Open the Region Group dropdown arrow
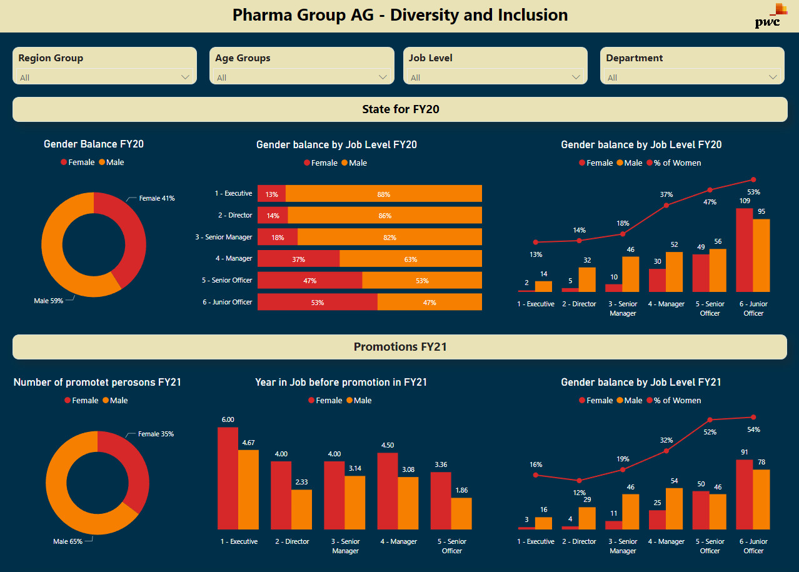(185, 77)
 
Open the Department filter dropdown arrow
(773, 77)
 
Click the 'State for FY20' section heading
(400, 109)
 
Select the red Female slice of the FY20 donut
(125, 231)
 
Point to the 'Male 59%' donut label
(48, 301)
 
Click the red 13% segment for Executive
(271, 194)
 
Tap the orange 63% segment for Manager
(410, 259)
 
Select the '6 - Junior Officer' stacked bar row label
(227, 302)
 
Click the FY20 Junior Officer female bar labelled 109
(744, 250)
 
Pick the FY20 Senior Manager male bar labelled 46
(631, 274)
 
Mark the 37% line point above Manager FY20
(666, 205)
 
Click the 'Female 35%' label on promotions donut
(156, 434)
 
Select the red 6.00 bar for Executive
(228, 478)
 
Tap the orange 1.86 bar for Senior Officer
(461, 513)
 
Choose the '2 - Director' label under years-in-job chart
(292, 541)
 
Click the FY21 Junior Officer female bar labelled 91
(744, 494)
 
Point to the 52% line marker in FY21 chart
(710, 420)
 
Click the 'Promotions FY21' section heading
(400, 347)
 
